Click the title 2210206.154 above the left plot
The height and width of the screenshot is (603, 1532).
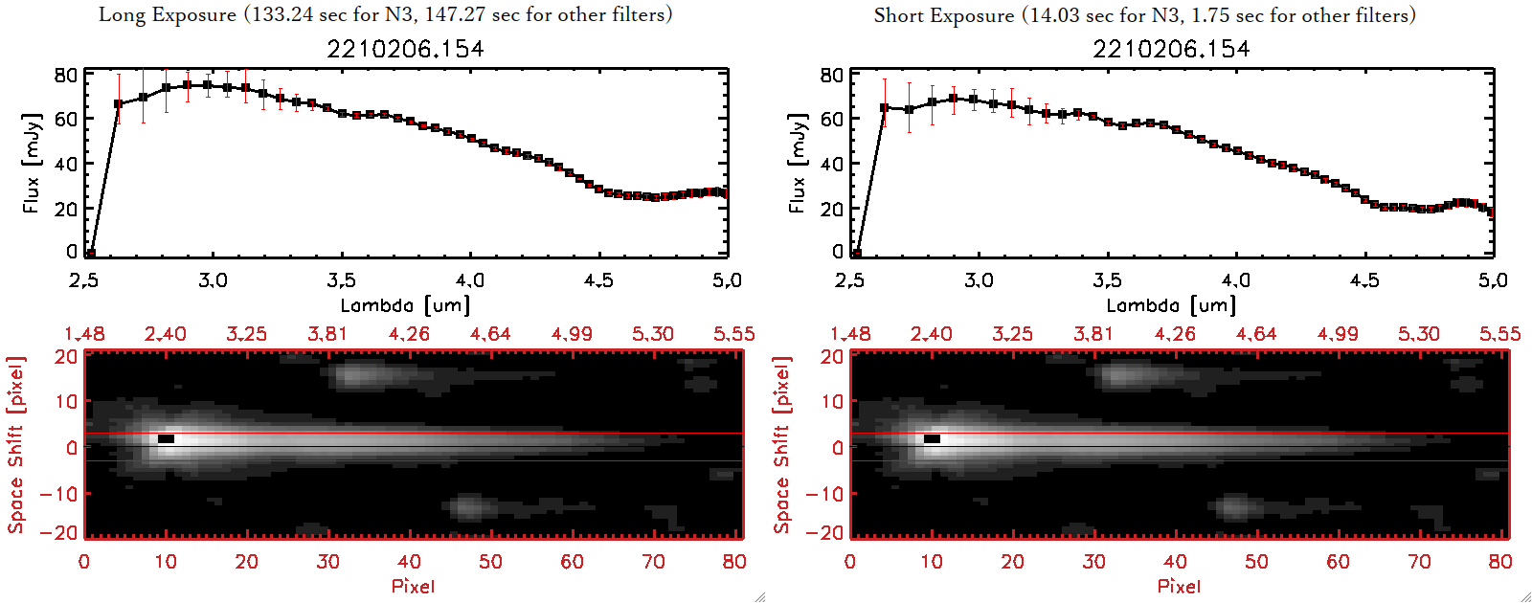pyautogui.click(x=405, y=49)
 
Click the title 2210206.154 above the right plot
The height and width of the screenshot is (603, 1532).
pyautogui.click(x=1171, y=49)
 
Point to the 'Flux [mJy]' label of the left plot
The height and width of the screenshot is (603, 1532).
pyautogui.click(x=32, y=163)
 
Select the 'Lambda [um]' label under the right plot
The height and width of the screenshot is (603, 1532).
pyautogui.click(x=1171, y=305)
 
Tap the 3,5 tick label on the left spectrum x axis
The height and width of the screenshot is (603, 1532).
pyautogui.click(x=341, y=280)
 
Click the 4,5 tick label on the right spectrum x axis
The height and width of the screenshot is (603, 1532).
pyautogui.click(x=1364, y=280)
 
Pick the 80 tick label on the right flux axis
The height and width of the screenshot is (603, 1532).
pyautogui.click(x=831, y=75)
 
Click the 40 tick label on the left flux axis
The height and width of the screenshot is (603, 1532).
pyautogui.click(x=65, y=164)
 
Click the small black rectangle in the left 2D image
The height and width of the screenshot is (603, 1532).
pyautogui.click(x=166, y=438)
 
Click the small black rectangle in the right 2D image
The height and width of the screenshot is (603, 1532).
pyautogui.click(x=932, y=438)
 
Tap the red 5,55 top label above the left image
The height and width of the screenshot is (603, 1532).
pyautogui.click(x=733, y=334)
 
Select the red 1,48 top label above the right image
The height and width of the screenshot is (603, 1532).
pyautogui.click(x=850, y=334)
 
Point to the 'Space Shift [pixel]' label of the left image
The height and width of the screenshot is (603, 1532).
pyautogui.click(x=16, y=445)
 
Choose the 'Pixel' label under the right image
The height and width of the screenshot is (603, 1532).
pyautogui.click(x=1179, y=586)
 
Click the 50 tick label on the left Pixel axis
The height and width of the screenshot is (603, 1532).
pyautogui.click(x=490, y=562)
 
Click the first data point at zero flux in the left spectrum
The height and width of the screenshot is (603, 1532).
pyautogui.click(x=90, y=254)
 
